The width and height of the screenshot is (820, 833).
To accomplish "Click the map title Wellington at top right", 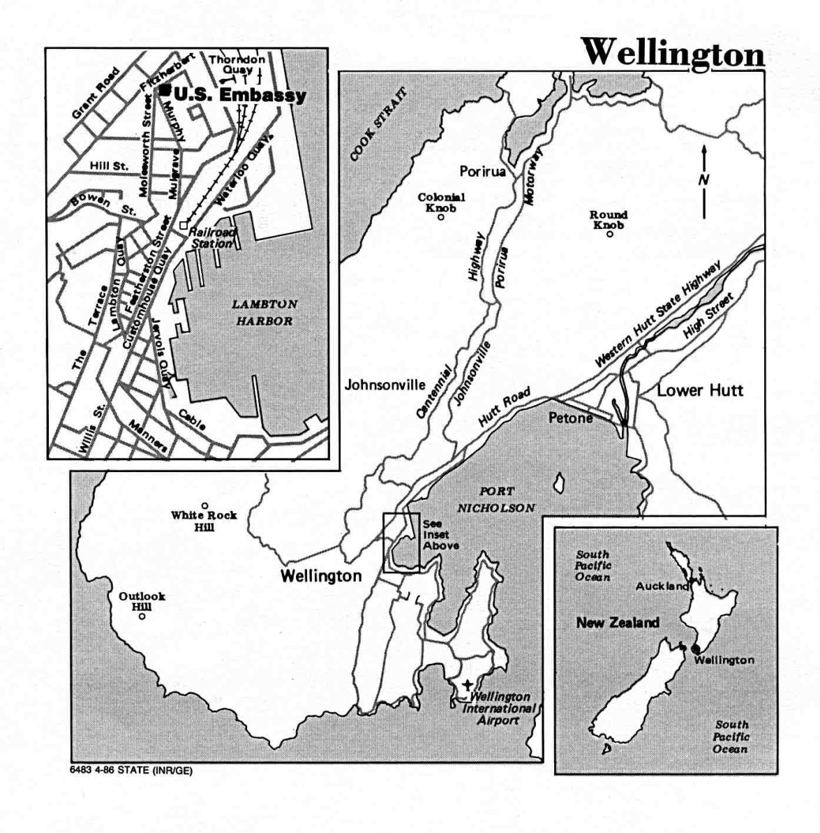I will [x=673, y=52].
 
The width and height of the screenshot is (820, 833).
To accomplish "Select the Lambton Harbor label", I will [x=264, y=313].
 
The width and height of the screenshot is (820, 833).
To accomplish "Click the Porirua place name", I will [x=482, y=172].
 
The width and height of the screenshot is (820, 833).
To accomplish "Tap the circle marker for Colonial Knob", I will [x=441, y=217].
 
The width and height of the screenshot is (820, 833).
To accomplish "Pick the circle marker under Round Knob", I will [x=609, y=235].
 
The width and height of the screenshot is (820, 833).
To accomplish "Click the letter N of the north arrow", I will [x=703, y=180].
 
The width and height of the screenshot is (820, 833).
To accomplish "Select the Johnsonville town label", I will [x=385, y=385].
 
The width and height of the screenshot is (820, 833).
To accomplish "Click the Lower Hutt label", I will [x=700, y=390].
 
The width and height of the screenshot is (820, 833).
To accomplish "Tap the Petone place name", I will [x=570, y=418].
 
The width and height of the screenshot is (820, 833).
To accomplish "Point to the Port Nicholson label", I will [x=496, y=500].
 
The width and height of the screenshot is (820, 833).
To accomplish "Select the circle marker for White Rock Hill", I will [x=204, y=506].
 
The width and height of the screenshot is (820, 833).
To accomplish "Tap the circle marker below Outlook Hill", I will [x=142, y=616].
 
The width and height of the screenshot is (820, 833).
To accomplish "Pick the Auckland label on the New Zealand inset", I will [x=662, y=587].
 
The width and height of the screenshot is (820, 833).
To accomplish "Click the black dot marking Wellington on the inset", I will [x=695, y=649].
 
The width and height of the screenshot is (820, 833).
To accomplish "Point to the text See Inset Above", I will [x=440, y=534].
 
